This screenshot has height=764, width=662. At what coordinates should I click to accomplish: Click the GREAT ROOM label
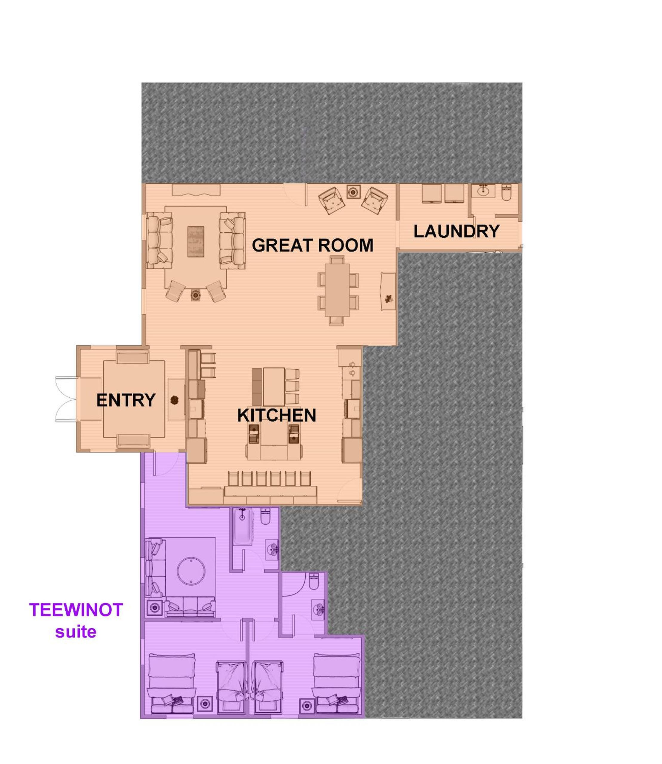pyautogui.click(x=312, y=246)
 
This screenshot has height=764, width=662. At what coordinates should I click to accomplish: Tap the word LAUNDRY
pyautogui.click(x=456, y=231)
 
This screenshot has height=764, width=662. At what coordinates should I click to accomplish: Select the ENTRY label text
pyautogui.click(x=126, y=400)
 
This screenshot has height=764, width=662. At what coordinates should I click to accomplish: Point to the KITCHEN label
pyautogui.click(x=277, y=416)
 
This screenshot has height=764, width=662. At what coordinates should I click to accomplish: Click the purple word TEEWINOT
pyautogui.click(x=76, y=610)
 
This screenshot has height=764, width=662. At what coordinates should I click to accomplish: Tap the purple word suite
pyautogui.click(x=76, y=632)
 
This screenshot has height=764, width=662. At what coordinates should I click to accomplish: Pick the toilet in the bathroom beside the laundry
pyautogui.click(x=506, y=193)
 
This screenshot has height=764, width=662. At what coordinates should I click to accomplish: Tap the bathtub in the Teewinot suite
pyautogui.click(x=242, y=526)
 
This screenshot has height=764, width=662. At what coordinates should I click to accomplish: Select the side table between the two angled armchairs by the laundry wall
pyautogui.click(x=353, y=192)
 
